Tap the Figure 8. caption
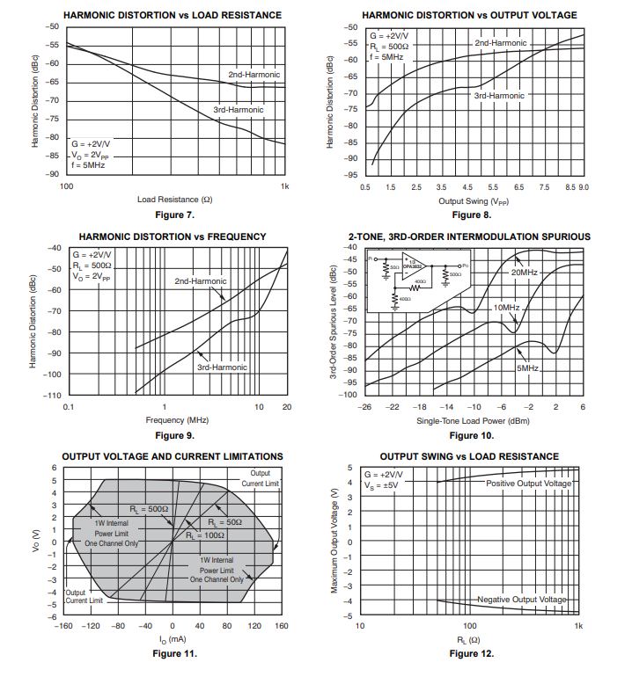point(471,215)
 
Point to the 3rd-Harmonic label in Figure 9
point(222,367)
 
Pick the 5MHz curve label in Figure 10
point(527,367)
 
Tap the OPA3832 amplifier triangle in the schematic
point(413,267)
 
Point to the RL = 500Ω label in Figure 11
point(148,509)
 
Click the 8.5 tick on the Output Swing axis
point(570,187)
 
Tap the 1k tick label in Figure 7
point(284,187)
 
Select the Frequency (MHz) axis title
point(177,420)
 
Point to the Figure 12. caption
point(471,653)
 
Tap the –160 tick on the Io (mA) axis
point(63,627)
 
